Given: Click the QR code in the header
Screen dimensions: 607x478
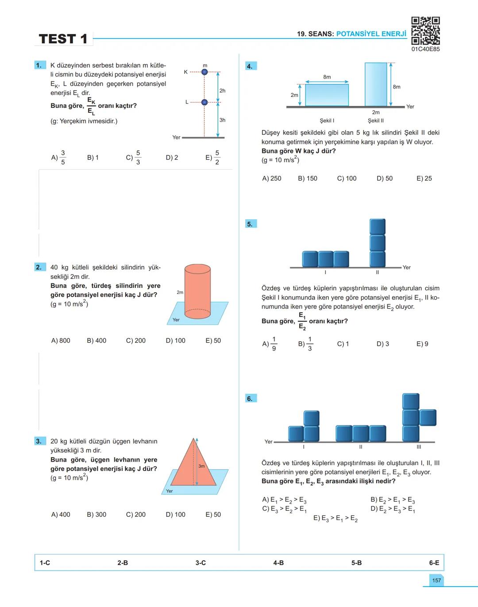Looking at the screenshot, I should [x=425, y=31].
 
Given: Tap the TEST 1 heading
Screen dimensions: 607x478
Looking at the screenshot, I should [x=63, y=39].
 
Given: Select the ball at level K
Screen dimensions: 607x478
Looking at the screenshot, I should [x=204, y=72].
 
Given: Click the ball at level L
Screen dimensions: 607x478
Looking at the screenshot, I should [x=204, y=102].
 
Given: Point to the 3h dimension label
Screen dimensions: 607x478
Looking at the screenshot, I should [x=222, y=120].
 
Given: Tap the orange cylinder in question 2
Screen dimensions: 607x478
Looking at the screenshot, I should [x=197, y=292].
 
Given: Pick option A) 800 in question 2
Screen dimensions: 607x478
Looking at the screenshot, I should [x=61, y=340].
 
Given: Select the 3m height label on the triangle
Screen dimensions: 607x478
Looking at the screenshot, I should [x=201, y=466].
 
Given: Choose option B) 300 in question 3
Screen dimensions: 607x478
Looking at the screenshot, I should [x=96, y=514].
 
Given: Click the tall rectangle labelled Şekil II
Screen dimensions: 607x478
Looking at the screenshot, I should [x=376, y=84].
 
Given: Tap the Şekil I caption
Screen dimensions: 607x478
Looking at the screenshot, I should [x=327, y=121].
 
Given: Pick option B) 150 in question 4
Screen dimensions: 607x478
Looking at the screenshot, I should [x=308, y=178].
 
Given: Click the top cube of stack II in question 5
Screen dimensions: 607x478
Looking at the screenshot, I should [x=378, y=227].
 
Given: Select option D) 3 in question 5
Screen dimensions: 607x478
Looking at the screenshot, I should [x=383, y=344].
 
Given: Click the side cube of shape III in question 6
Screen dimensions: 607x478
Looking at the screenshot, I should [x=428, y=417].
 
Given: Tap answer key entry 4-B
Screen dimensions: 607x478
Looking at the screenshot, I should [x=278, y=563].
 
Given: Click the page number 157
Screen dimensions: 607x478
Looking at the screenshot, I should [x=436, y=580].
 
